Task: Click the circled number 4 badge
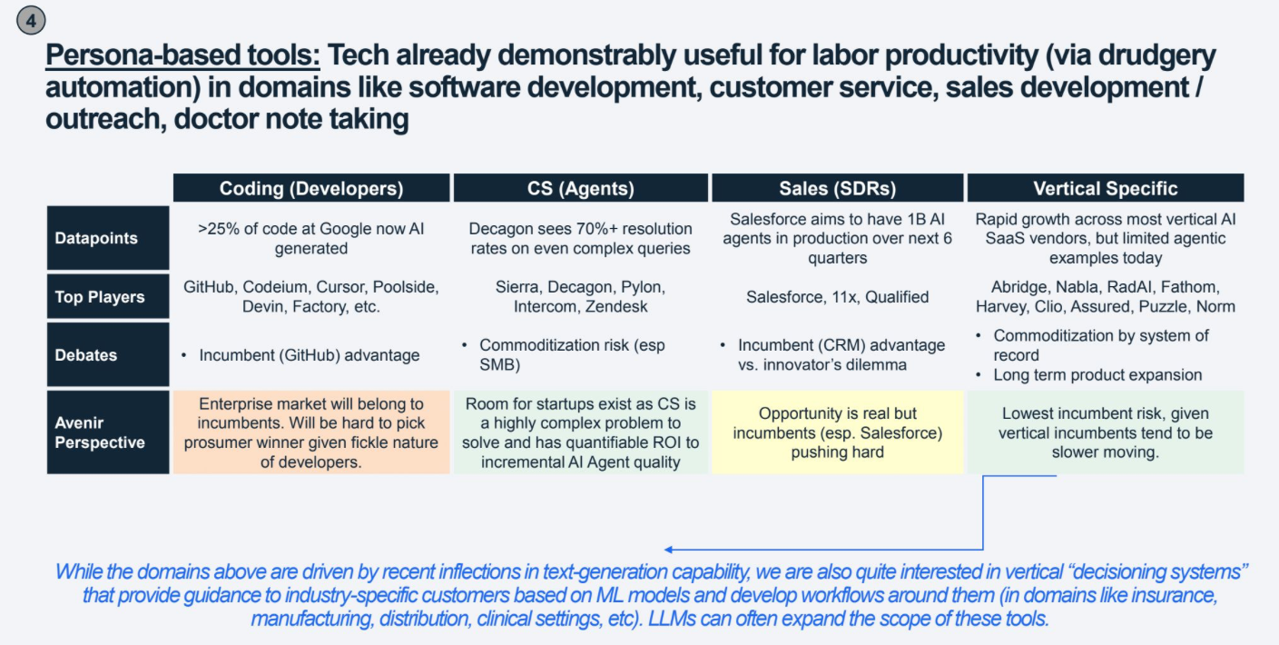click(31, 20)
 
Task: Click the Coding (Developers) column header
click(311, 188)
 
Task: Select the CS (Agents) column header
click(581, 188)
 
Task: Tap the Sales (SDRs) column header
click(837, 188)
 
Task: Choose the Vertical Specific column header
click(1105, 188)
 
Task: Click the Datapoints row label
click(96, 238)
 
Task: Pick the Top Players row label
click(99, 297)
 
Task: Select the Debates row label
click(85, 355)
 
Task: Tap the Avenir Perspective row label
click(99, 432)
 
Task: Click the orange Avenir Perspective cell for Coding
click(311, 432)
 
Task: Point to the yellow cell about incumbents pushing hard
click(837, 432)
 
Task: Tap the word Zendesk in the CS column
click(617, 307)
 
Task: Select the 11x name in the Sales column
click(849, 297)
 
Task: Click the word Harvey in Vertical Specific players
click(1001, 307)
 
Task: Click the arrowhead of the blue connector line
click(669, 550)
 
